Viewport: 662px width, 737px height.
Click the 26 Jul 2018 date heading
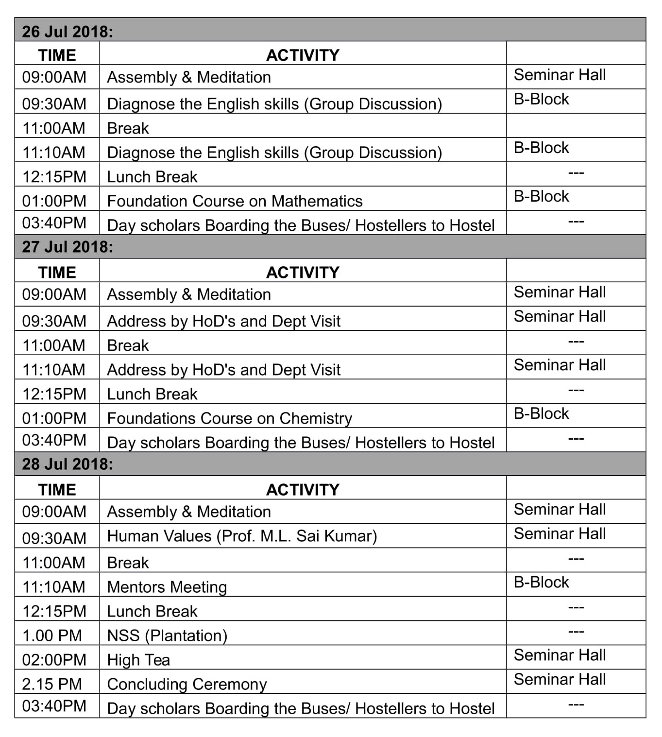pos(68,31)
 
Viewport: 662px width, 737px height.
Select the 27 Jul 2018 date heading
pos(68,247)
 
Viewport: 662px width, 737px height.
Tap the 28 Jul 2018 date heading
pos(68,464)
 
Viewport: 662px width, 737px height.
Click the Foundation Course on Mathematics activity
pos(235,201)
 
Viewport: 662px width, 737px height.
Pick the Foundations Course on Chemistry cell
pos(229,418)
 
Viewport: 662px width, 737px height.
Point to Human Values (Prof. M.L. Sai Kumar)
pos(242,535)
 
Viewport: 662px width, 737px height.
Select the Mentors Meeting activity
pos(167,586)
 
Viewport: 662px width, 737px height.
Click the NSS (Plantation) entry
pos(167,635)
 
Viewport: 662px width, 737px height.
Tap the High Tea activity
pos(138,659)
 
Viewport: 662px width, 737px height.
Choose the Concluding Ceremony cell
pos(187,684)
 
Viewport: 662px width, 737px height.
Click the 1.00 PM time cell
pos(52,635)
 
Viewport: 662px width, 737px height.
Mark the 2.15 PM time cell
pos(52,684)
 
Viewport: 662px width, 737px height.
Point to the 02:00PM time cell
pos(54,659)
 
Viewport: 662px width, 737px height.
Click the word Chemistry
pos(316,418)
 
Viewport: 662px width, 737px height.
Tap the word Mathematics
pos(317,201)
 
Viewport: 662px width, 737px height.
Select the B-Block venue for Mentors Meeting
pos(541,582)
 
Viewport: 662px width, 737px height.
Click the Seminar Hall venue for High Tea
pos(560,655)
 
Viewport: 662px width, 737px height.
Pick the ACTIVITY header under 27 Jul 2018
pos(303,272)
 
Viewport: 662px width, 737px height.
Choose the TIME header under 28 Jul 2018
pos(57,489)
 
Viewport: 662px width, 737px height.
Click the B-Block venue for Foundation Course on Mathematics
pos(541,196)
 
